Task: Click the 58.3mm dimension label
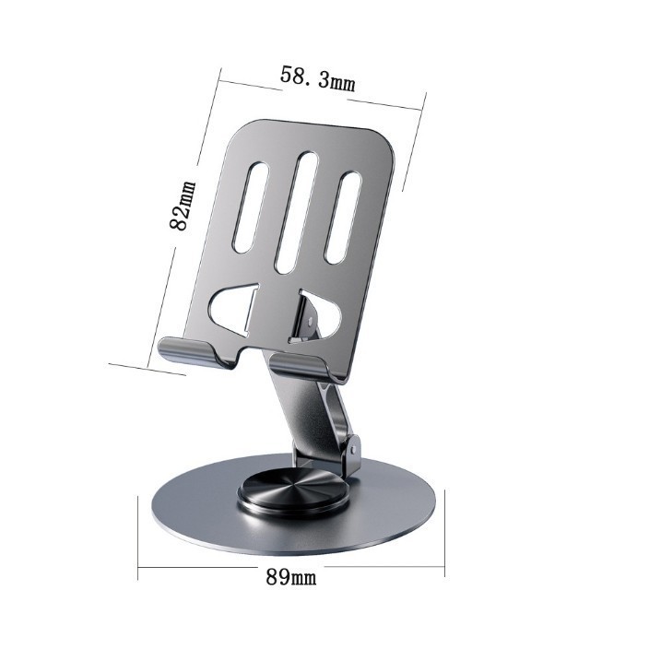tap(317, 79)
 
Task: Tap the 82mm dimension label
tap(183, 206)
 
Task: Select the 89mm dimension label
tap(291, 576)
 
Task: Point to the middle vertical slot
tap(296, 212)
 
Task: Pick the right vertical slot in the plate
tap(343, 218)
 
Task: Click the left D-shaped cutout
tap(235, 308)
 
